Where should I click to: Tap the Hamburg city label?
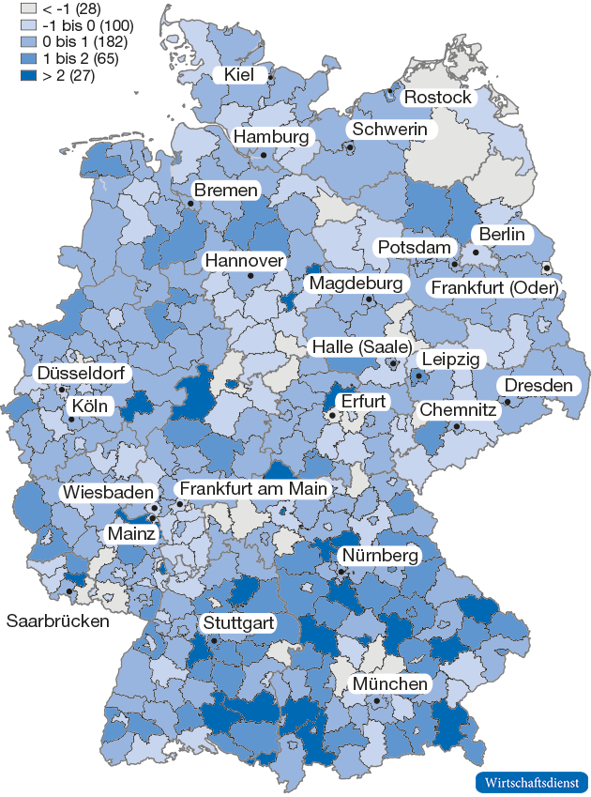point(271,137)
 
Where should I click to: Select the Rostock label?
point(437,98)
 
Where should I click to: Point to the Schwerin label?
point(390,130)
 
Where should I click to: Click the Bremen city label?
point(226,191)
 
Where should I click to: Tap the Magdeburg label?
point(356,283)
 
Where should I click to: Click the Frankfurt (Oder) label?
point(493,287)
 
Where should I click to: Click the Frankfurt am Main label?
point(253,489)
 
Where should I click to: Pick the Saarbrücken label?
point(57,621)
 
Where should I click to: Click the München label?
point(390,684)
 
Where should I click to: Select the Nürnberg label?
point(379,557)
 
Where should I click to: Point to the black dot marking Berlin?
point(476,252)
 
